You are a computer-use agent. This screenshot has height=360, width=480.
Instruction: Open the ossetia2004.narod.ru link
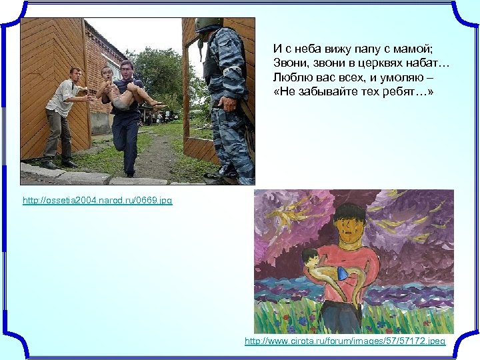pyautogui.click(x=97, y=200)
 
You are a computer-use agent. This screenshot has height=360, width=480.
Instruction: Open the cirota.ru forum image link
pyautogui.click(x=345, y=341)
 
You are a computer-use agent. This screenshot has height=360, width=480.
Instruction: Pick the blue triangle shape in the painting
pyautogui.click(x=343, y=273)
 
